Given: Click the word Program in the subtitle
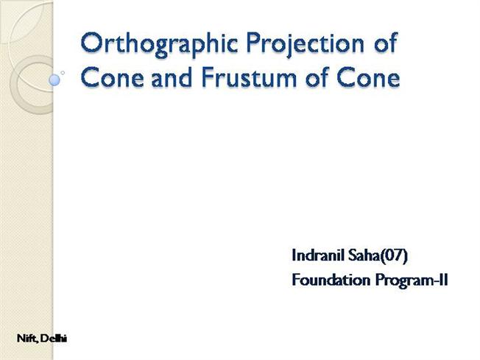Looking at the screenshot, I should click(x=393, y=280).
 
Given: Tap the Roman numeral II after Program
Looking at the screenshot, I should click(x=442, y=280).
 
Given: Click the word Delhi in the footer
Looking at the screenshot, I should click(x=54, y=338).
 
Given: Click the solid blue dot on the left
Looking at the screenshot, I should click(x=54, y=78).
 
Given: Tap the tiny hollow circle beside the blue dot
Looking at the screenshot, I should click(x=63, y=72).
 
